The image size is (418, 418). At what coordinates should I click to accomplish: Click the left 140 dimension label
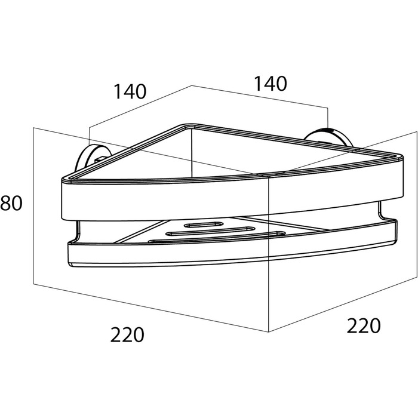130,91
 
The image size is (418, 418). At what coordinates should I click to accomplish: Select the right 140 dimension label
271,84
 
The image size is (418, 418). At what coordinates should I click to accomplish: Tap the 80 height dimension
11,203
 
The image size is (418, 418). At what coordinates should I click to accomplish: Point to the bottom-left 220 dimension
127,334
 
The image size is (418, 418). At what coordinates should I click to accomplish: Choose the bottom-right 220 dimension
364,325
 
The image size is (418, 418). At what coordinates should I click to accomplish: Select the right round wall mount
328,138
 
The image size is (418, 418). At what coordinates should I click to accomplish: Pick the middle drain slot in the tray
210,231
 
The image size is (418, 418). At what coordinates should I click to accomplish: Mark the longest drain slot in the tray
217,238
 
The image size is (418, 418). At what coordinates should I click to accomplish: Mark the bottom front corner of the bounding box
269,332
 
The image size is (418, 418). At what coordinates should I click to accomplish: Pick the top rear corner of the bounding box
192,85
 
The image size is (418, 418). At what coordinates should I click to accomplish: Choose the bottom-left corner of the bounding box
33,284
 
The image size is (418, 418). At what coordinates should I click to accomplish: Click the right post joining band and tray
380,211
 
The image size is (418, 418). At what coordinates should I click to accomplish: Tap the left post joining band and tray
78,231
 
